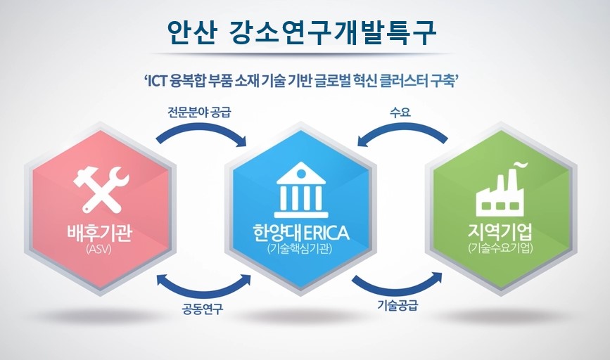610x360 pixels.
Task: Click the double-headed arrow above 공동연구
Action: [x=204, y=285]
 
